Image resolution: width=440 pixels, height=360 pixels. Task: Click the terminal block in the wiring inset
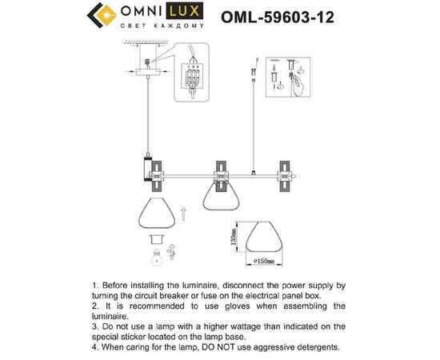193,79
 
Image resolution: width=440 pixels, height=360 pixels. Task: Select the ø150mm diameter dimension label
265,261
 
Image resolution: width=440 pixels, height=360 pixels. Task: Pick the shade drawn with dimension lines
264,238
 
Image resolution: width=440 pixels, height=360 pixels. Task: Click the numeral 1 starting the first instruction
95,284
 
